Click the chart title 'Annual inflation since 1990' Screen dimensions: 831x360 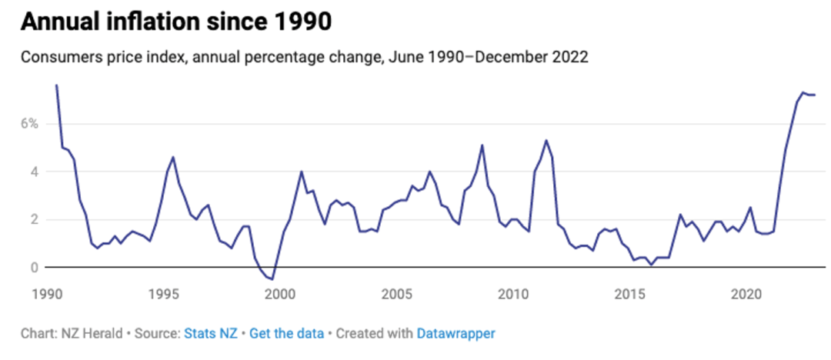tap(176, 22)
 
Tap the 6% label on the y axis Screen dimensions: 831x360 tap(30, 124)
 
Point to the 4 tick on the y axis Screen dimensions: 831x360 tap(35, 172)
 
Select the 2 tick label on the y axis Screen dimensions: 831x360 tap(35, 219)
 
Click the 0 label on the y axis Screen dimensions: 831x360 tap(35, 268)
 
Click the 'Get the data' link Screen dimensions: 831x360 tap(287, 334)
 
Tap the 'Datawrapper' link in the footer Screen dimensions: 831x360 tap(456, 334)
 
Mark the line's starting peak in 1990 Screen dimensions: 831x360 tap(56, 85)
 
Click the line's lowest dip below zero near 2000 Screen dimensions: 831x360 tap(272, 279)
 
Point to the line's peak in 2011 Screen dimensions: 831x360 tap(546, 141)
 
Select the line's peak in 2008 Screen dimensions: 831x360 tap(482, 145)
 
